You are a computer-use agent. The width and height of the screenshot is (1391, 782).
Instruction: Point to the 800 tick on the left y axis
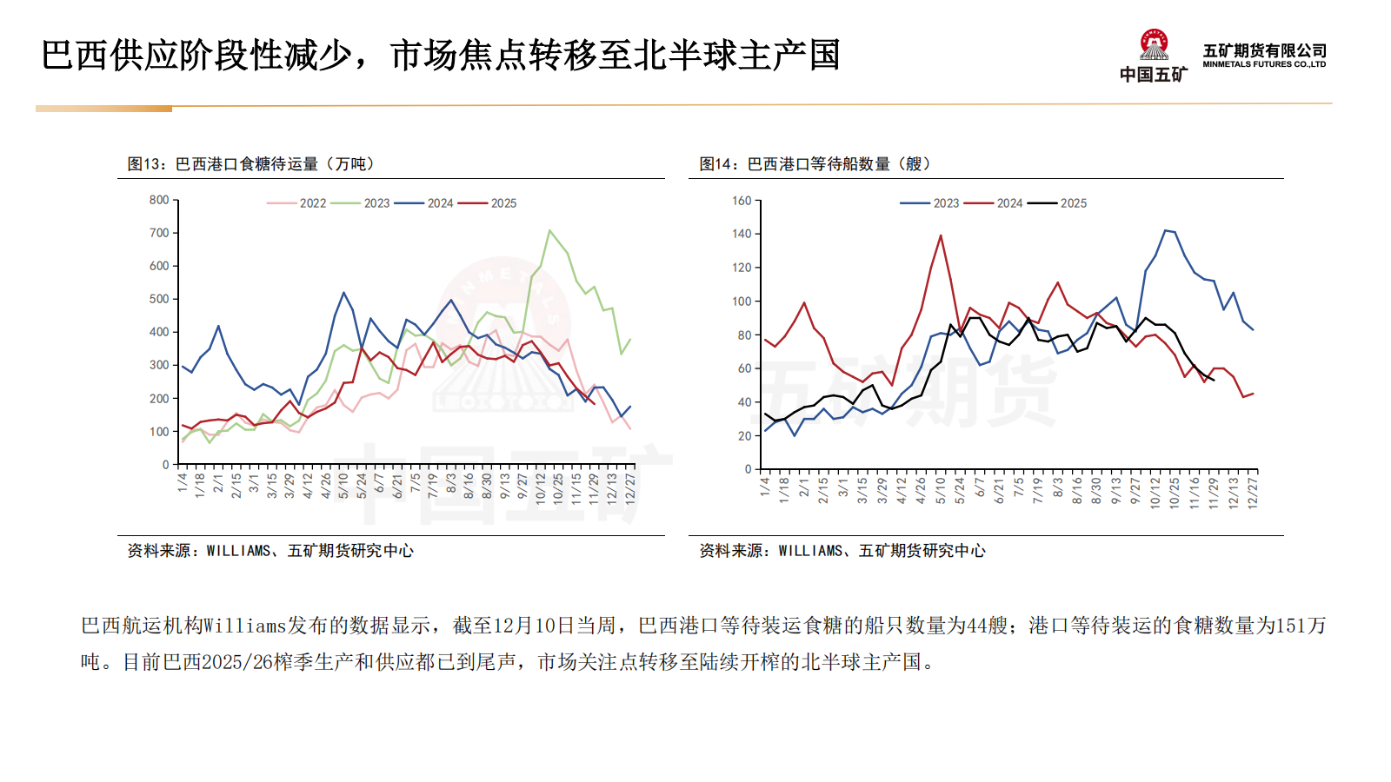159,200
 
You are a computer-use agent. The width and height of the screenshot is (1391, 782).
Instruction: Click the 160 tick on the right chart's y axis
742,201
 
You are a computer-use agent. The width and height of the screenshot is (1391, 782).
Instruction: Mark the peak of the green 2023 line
549,230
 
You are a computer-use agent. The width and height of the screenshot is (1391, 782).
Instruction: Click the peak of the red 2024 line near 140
941,235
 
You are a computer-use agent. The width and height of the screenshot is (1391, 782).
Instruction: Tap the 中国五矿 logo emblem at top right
1154,45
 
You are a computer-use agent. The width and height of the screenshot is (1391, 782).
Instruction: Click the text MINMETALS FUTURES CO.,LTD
1264,64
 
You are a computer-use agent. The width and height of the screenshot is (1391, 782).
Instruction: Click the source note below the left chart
270,551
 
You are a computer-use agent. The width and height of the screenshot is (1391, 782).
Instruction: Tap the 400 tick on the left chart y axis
159,332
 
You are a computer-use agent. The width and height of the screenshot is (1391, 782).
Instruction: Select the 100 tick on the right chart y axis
742,302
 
